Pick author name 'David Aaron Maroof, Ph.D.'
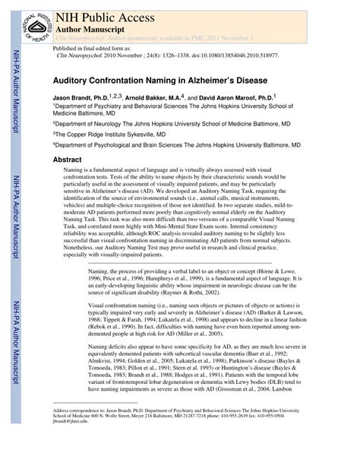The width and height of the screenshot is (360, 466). [248, 98]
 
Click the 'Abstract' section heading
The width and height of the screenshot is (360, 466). [67, 160]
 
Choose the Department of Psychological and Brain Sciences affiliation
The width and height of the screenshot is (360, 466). [177, 144]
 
